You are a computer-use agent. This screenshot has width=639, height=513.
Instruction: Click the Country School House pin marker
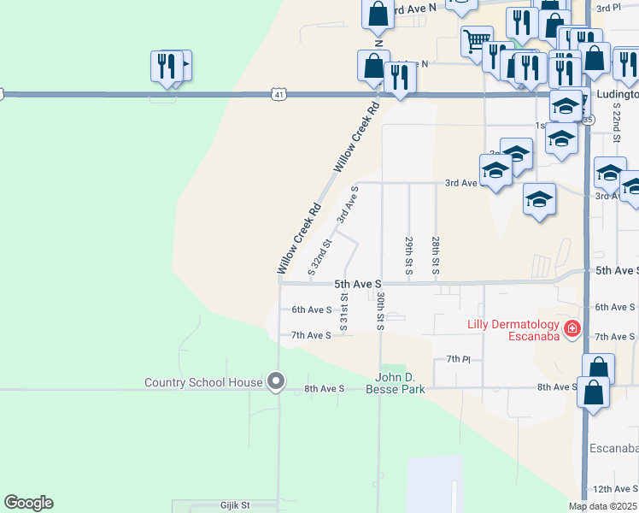pos(275,381)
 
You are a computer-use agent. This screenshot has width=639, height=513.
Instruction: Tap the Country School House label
pos(203,382)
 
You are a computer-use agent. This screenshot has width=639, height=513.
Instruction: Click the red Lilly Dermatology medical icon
pos(572,328)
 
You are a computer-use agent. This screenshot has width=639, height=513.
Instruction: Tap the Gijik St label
pos(234,505)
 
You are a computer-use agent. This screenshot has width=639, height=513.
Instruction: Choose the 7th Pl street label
pos(459,358)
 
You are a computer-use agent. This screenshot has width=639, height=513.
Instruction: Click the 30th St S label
pos(380,311)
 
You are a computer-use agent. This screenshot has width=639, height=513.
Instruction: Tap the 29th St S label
pos(409,256)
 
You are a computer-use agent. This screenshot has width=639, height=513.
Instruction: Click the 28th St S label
pos(436,256)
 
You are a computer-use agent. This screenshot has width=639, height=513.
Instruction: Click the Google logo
pos(28,503)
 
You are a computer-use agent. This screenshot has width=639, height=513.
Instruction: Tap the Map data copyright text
pos(601,506)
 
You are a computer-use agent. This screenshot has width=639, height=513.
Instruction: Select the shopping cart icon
pos(477,39)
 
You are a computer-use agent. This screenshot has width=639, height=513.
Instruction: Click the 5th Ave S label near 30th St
pos(357,283)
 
